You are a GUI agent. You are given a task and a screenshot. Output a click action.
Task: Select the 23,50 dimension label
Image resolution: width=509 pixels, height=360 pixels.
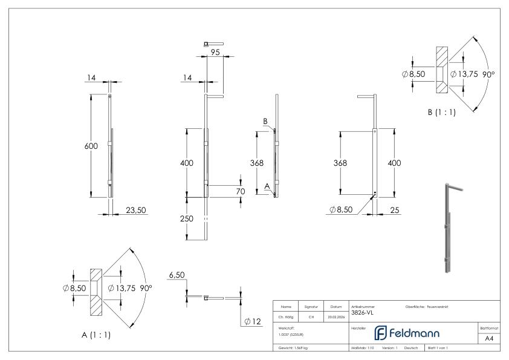135,210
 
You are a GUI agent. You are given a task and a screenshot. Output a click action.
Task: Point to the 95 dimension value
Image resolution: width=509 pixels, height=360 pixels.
215,52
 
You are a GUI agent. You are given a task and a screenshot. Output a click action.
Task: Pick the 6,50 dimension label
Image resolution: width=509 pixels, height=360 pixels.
177,275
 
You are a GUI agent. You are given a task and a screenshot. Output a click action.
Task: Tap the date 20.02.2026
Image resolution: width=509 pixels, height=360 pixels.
337,315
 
